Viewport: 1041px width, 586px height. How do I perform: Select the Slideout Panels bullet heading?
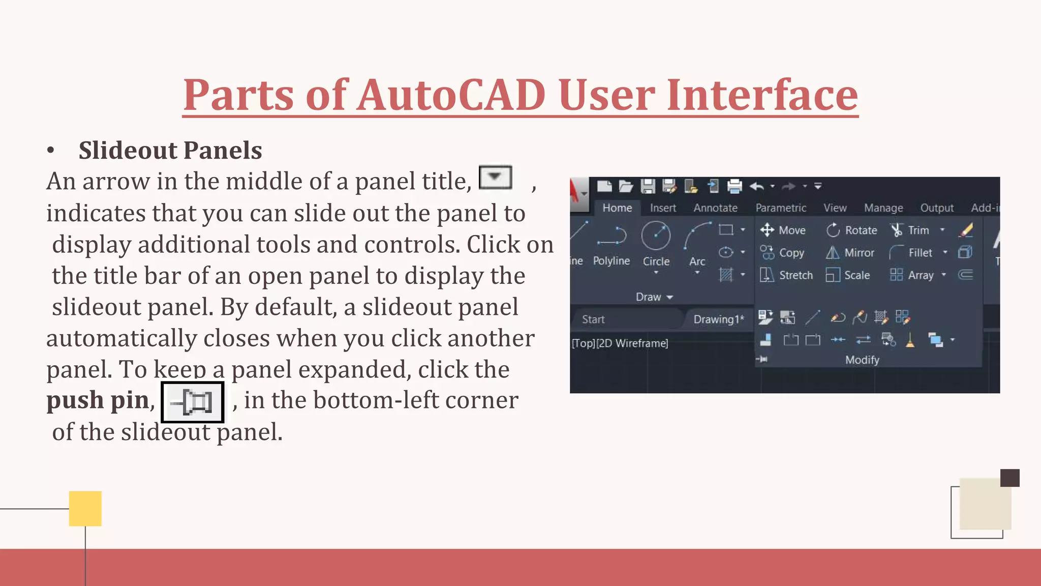pyautogui.click(x=170, y=151)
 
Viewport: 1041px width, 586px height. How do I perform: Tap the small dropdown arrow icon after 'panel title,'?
pyautogui.click(x=495, y=177)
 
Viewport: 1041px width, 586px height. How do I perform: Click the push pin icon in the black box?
pyautogui.click(x=193, y=402)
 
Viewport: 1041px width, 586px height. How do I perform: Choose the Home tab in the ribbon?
pyautogui.click(x=617, y=208)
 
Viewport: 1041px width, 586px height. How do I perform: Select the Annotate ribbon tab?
pyautogui.click(x=715, y=208)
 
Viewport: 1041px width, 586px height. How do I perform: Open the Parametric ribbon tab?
pyautogui.click(x=781, y=208)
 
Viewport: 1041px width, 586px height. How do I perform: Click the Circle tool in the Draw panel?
pyautogui.click(x=656, y=244)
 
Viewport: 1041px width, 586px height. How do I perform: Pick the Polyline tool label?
pyautogui.click(x=611, y=260)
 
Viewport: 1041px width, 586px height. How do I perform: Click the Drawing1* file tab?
pyautogui.click(x=718, y=319)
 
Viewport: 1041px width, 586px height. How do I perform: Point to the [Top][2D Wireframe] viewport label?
pyautogui.click(x=620, y=343)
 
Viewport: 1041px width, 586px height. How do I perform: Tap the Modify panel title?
pyautogui.click(x=862, y=360)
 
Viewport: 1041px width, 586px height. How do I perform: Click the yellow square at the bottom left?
pyautogui.click(x=85, y=508)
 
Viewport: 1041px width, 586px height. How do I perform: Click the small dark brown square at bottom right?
pyautogui.click(x=1009, y=478)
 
